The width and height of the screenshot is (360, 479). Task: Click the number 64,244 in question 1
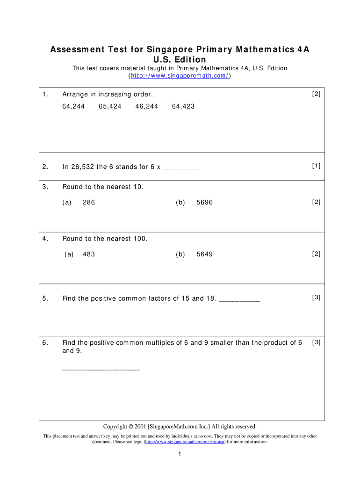[x=73, y=107]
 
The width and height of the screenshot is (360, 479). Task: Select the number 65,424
[x=110, y=107]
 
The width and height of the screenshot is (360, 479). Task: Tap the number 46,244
[x=146, y=107]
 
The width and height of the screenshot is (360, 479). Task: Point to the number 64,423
[x=183, y=107]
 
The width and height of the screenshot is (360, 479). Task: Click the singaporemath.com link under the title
[x=180, y=76]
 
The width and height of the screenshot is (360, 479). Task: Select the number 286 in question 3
[x=88, y=203]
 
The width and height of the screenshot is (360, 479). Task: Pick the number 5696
[x=204, y=203]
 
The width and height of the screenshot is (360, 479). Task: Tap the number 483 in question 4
[x=88, y=254]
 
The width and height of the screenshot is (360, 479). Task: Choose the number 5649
[x=204, y=254]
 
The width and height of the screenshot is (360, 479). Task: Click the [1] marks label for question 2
[x=316, y=166]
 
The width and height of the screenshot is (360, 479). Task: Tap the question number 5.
[x=45, y=298]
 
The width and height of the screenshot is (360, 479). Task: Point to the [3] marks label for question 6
[x=316, y=342]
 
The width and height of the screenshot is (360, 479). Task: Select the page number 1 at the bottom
[x=180, y=454]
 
